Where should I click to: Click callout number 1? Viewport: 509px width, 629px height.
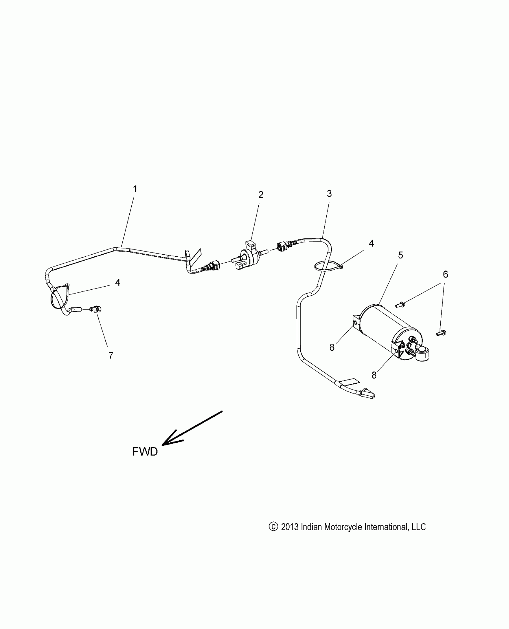(135, 189)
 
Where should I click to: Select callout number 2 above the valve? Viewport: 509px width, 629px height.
(261, 195)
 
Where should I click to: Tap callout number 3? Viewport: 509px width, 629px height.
(329, 194)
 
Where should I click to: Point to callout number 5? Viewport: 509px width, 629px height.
(401, 255)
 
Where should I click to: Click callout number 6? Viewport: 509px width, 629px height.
(446, 274)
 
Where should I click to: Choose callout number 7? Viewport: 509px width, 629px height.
(111, 356)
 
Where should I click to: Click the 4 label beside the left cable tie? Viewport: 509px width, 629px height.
(118, 282)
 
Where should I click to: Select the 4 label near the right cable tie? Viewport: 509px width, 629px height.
(371, 244)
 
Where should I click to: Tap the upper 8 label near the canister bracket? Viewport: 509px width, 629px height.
(332, 347)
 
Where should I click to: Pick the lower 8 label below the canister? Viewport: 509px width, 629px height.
(374, 375)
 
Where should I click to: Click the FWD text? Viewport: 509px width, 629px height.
(145, 460)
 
